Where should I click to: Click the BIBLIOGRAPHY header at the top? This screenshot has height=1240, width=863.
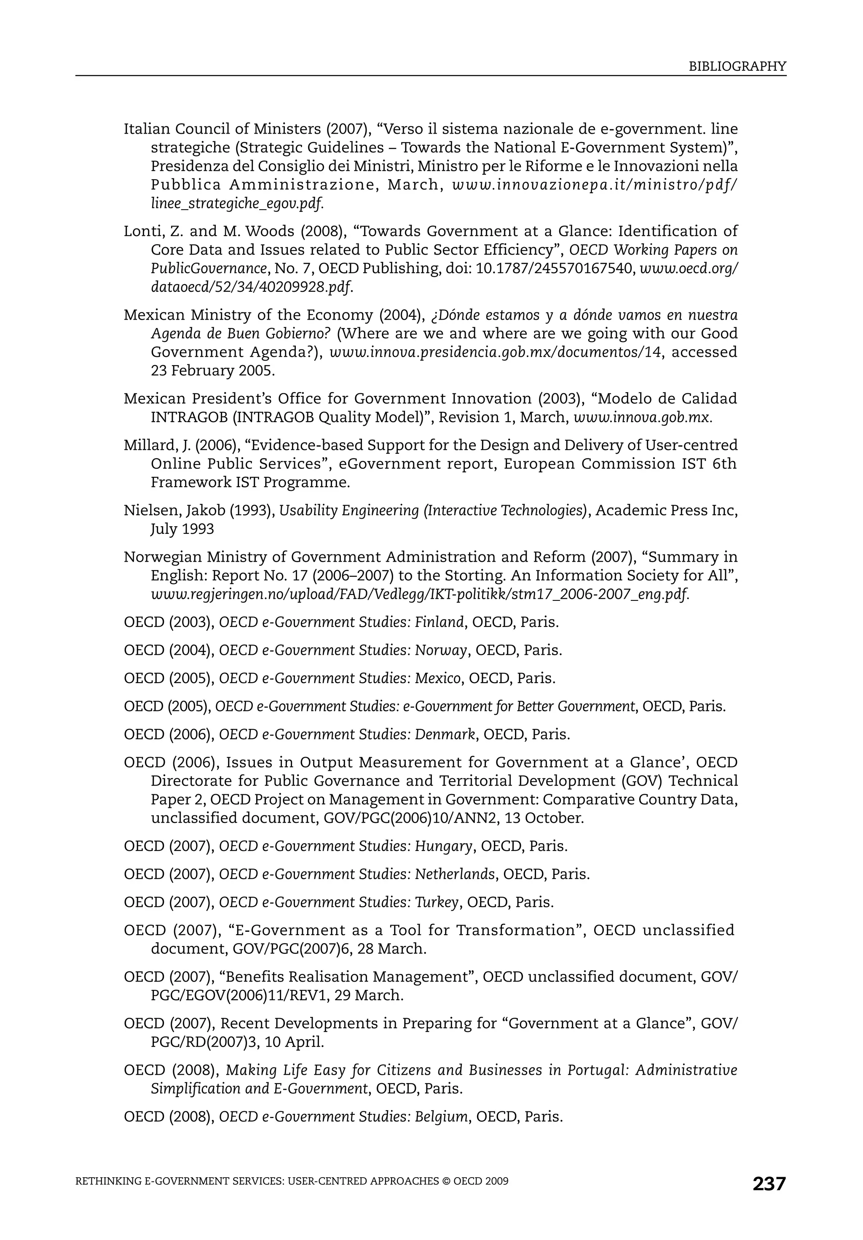coord(737,67)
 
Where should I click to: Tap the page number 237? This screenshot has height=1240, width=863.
coord(769,1184)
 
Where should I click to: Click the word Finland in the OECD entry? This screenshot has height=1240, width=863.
coord(439,622)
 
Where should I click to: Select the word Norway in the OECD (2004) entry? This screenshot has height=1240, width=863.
coord(440,650)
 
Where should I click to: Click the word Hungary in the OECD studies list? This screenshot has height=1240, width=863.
coord(443,846)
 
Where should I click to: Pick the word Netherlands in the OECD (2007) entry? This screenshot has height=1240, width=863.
coord(454,874)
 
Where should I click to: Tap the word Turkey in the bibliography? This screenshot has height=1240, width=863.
coord(437,902)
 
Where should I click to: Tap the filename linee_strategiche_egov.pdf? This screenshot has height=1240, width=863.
coord(236,204)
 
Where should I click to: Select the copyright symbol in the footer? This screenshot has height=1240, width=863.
coord(446,1181)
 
